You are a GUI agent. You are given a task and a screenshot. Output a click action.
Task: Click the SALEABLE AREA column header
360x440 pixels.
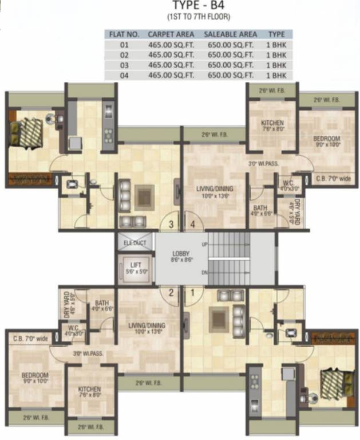pyautogui.click(x=230, y=34)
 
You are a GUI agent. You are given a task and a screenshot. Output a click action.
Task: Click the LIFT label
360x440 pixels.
pyautogui.click(x=135, y=264)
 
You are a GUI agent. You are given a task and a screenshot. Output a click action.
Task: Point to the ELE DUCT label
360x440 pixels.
pyautogui.click(x=135, y=243)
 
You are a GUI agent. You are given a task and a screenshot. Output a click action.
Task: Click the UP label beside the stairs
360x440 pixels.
pyautogui.click(x=204, y=245)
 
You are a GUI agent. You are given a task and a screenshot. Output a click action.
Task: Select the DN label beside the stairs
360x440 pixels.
pyautogui.click(x=204, y=273)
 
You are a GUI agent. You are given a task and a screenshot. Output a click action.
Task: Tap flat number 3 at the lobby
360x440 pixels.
pyautogui.click(x=170, y=223)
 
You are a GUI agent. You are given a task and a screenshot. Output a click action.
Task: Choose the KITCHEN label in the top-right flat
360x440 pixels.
pyautogui.click(x=272, y=123)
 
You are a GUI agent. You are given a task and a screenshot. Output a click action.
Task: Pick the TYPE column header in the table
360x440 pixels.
pyautogui.click(x=276, y=34)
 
